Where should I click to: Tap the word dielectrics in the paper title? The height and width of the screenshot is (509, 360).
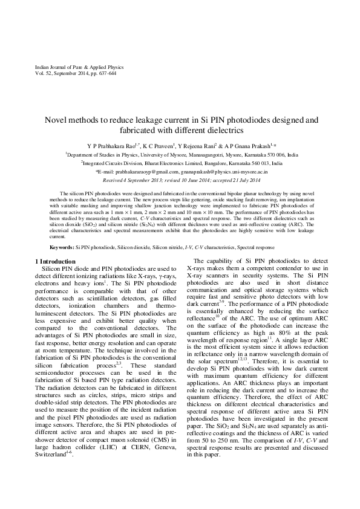[221, 130]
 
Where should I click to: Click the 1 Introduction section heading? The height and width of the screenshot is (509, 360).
[58, 261]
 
